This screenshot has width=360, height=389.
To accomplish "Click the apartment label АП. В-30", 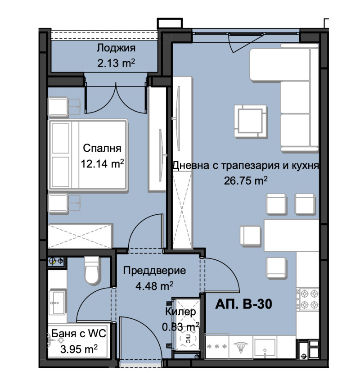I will (244, 305).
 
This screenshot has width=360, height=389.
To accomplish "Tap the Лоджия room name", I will (116, 49).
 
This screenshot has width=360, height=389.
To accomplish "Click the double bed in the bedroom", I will (88, 154).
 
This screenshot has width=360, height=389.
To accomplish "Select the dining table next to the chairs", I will (280, 235).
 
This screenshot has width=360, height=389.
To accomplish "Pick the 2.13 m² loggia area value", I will (116, 63).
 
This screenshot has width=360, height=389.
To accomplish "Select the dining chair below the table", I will (277, 267).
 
